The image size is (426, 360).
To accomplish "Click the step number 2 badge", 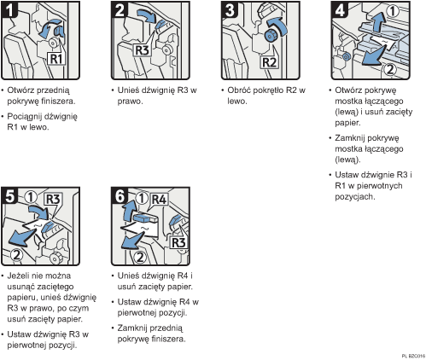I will (x=121, y=12).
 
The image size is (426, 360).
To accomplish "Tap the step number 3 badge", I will (x=231, y=12).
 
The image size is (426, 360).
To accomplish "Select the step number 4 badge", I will (x=340, y=12).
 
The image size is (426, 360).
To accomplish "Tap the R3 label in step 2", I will (x=125, y=50).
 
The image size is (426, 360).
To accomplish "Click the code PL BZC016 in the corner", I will (x=411, y=354).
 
